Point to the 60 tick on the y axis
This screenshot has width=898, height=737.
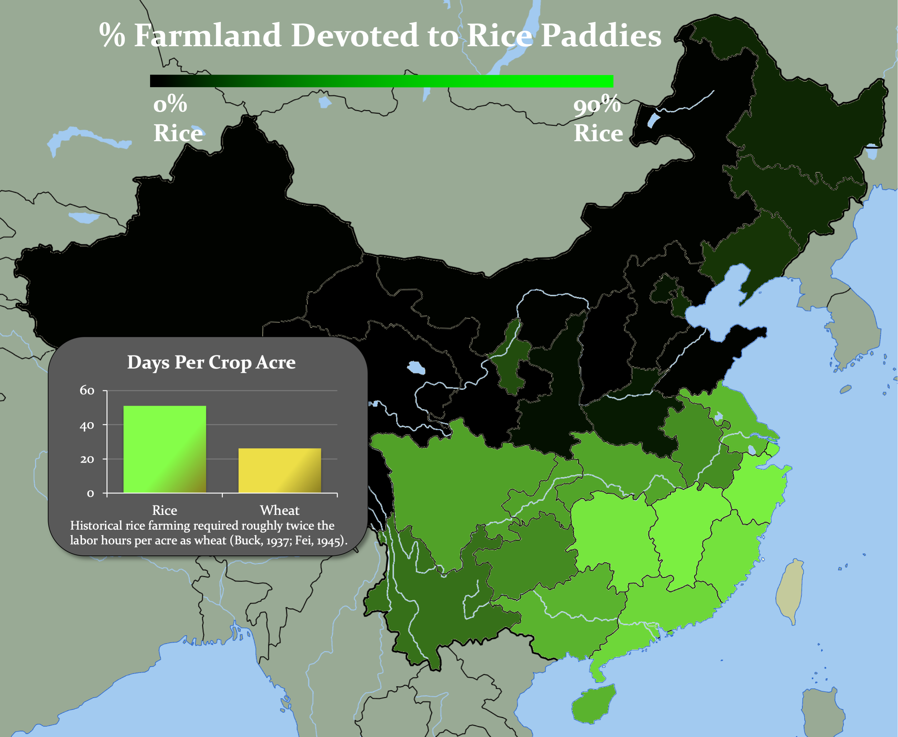(x=87, y=390)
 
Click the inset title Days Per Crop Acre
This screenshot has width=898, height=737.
(x=211, y=362)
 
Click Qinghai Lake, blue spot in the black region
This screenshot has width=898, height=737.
(x=416, y=367)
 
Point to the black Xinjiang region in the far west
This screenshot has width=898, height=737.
(x=170, y=255)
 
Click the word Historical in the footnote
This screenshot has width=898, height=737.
(x=96, y=526)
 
